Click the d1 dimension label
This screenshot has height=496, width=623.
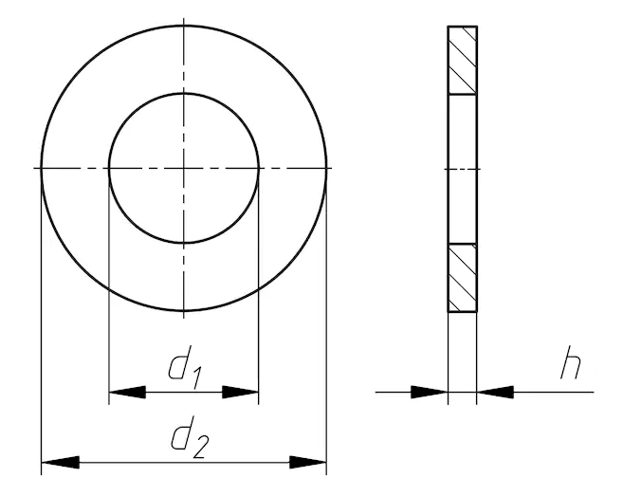click(x=184, y=367)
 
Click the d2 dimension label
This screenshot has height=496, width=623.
click(x=189, y=437)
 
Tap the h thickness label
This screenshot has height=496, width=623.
click(x=571, y=362)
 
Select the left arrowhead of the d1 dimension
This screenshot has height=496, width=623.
click(x=127, y=392)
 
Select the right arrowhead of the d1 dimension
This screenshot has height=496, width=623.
click(x=240, y=392)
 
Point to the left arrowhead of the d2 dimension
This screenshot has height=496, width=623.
click(x=60, y=462)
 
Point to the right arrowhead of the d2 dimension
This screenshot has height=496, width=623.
click(x=308, y=462)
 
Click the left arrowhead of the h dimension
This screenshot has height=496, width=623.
click(x=430, y=392)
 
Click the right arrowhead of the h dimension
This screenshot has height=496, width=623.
click(x=495, y=392)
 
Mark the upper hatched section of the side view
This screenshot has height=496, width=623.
click(x=463, y=61)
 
